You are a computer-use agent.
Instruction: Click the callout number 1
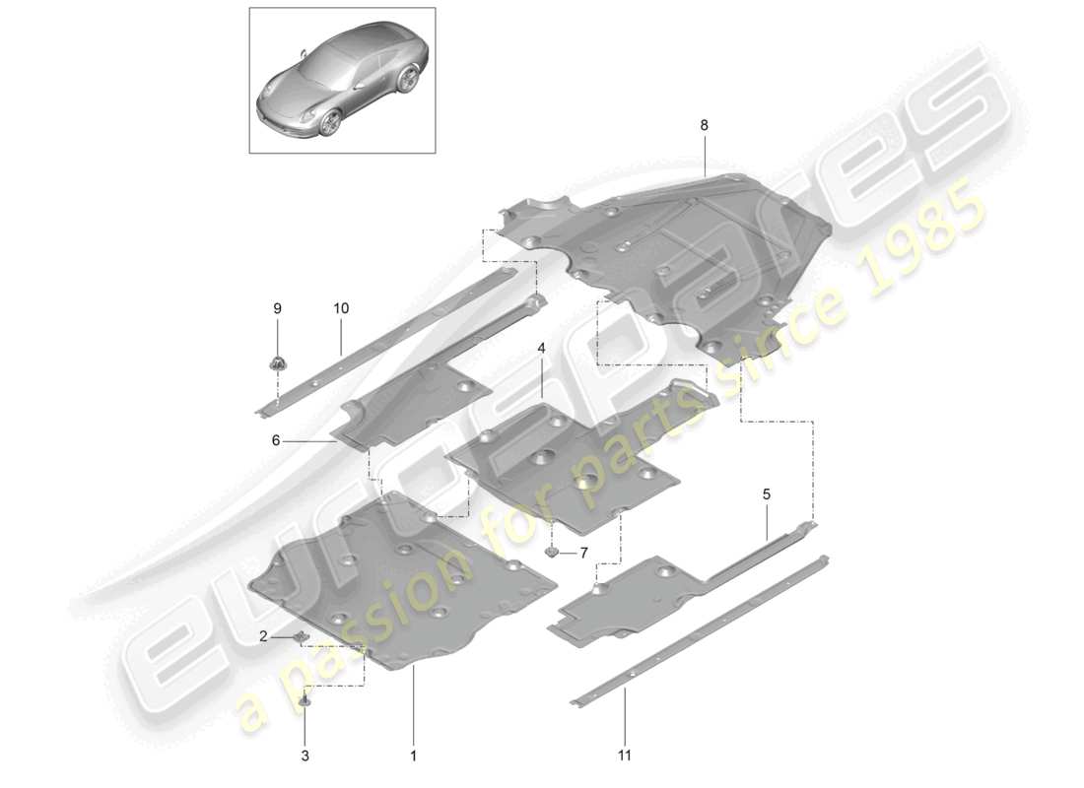point(414,755)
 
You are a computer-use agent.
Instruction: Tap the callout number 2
point(264,636)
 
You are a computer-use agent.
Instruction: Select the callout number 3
point(305,755)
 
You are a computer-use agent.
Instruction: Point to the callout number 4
point(541,348)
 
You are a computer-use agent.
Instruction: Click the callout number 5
point(766,493)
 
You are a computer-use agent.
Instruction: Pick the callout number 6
point(277,441)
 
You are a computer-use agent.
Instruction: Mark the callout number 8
point(704,125)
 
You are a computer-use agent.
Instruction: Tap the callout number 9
point(277,308)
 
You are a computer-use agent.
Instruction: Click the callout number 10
point(340,308)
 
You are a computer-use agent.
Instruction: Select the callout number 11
point(625,755)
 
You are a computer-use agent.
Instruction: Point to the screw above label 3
point(305,700)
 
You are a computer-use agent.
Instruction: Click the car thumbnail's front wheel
point(329,122)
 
